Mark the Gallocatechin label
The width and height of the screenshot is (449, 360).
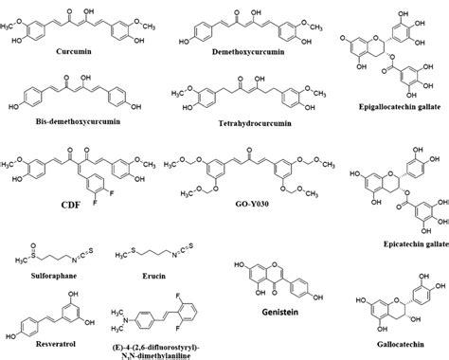click(x=391, y=344)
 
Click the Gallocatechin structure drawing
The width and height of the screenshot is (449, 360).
click(x=389, y=305)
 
